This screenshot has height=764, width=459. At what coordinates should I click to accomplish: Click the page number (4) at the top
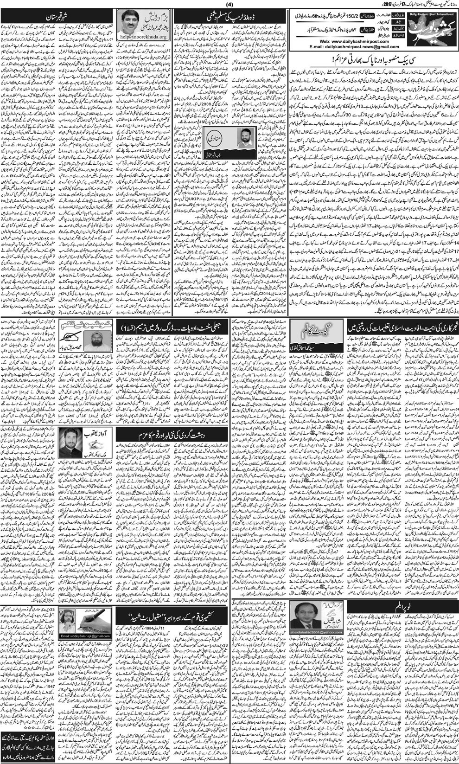229,5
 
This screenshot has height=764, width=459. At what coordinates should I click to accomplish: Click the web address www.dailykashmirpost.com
355,41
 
